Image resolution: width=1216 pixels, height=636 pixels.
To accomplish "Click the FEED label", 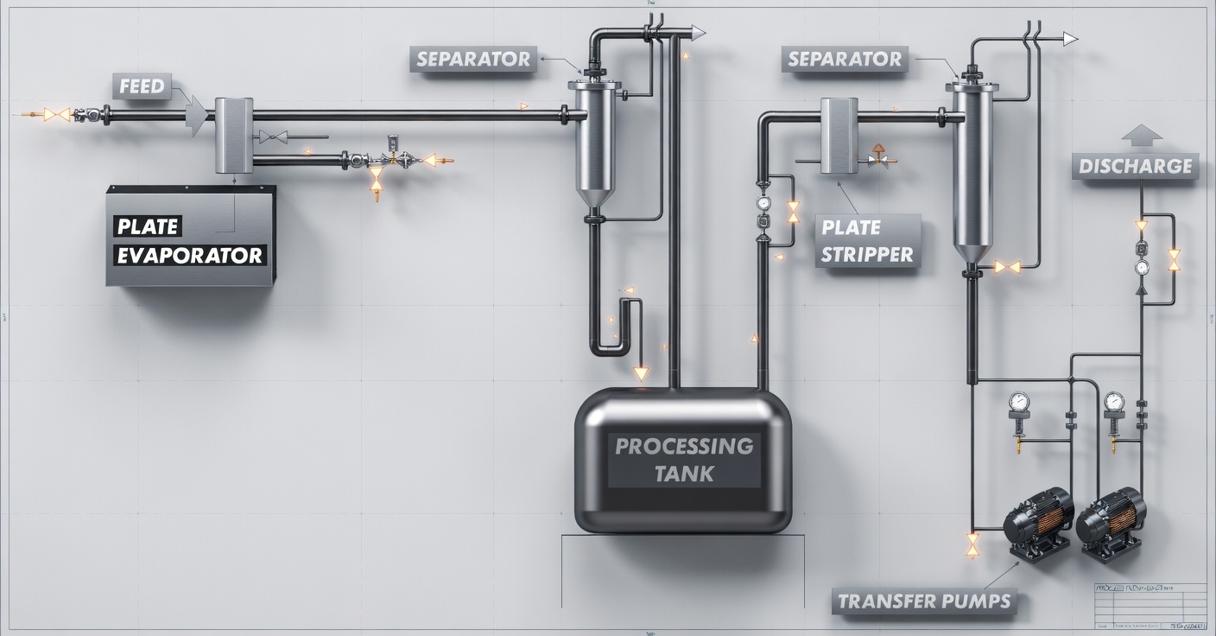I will pos(142,86).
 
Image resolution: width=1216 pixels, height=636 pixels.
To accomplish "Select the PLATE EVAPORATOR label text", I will pos(191,241).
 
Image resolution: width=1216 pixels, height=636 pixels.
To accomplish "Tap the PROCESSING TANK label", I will pos(683,460).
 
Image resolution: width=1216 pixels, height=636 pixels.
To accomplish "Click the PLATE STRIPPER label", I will pos(866,241).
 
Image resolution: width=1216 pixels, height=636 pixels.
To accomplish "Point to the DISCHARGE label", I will pos(1135,166).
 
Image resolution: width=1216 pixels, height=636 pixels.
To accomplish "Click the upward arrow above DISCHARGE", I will pos(1141,135).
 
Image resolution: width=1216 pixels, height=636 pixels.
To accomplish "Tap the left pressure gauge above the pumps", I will pos(1020,402).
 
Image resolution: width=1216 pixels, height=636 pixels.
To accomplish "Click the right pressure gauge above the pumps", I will pos(1114,402).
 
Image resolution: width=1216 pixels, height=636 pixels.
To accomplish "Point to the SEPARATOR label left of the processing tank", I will pos(472,59).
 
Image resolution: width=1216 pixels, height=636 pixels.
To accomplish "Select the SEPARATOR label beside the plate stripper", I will pos(844,59).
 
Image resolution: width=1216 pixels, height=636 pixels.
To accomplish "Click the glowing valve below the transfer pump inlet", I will pos(972,544).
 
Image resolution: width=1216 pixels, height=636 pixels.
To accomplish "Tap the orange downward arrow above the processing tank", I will pos(641,374).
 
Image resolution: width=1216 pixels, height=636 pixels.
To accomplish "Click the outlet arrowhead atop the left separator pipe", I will pos(697,33).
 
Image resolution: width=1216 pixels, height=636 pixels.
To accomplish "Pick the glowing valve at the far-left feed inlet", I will pos(57,114).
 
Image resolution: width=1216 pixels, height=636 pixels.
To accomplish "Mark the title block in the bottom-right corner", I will pos(1150,605).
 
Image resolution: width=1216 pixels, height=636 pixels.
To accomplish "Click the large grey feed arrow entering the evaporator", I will pos(198,113).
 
